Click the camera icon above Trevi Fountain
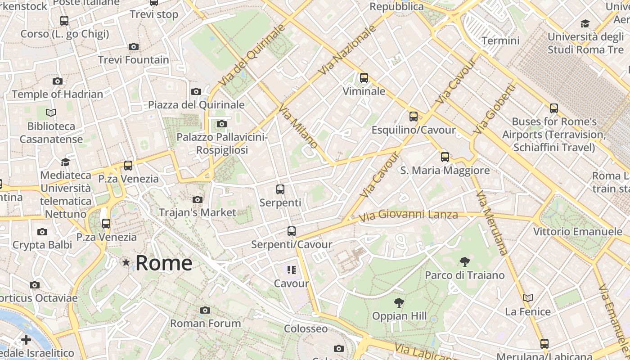(133, 46)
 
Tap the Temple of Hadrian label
(57, 94)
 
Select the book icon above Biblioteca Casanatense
(51, 112)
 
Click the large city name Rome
(164, 263)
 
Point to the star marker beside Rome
(126, 262)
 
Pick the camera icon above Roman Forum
(205, 310)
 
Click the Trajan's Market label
(197, 212)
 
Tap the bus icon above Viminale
(364, 78)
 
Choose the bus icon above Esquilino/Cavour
(413, 117)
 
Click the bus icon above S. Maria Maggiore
(445, 157)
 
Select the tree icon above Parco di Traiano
(465, 262)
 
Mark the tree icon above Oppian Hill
(399, 303)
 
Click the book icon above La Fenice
(528, 298)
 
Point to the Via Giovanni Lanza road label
(408, 215)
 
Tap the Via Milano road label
(298, 126)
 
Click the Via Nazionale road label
(346, 49)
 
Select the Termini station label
(500, 40)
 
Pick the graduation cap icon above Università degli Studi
(585, 23)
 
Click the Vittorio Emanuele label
(577, 232)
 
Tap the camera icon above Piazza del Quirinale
(196, 92)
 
